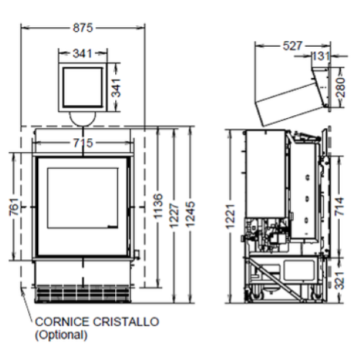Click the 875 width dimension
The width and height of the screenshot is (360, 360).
(83, 27)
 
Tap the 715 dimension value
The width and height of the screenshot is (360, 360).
(83, 143)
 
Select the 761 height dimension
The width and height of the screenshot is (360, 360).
(14, 207)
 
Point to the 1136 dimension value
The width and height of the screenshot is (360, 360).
(158, 206)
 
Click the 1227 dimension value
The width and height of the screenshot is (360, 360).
(174, 215)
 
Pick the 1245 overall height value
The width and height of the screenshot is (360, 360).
(191, 215)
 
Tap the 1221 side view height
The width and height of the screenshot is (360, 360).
(230, 216)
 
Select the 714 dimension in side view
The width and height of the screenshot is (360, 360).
(340, 207)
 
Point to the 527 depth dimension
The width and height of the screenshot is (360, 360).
(292, 45)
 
